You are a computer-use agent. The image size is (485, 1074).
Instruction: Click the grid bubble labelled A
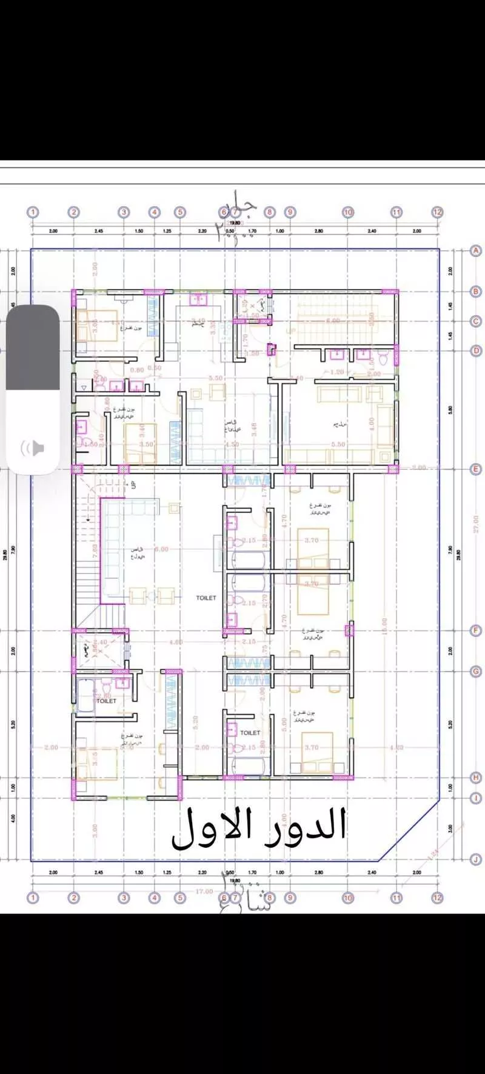pos(476,250)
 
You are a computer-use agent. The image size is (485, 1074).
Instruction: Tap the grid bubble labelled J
pos(476,859)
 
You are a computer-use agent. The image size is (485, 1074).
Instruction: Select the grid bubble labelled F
pos(476,631)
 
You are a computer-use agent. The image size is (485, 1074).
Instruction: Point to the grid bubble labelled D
pos(476,350)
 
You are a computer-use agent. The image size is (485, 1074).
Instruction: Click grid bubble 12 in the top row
pos(437,212)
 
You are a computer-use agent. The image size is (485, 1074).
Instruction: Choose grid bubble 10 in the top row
pos(348,212)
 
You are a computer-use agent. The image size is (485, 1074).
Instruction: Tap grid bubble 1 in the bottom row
pos(33,898)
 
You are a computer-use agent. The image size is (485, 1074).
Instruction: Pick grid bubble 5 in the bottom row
pos(179,898)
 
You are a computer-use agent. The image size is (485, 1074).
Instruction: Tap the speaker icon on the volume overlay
pos(34,449)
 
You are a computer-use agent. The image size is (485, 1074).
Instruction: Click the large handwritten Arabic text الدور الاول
pos(259,828)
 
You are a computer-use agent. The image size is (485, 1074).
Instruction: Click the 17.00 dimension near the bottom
pos(204,891)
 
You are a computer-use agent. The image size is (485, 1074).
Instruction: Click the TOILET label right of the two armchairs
pos(206,598)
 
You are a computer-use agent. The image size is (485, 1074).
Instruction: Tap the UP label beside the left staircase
pos(133,484)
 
